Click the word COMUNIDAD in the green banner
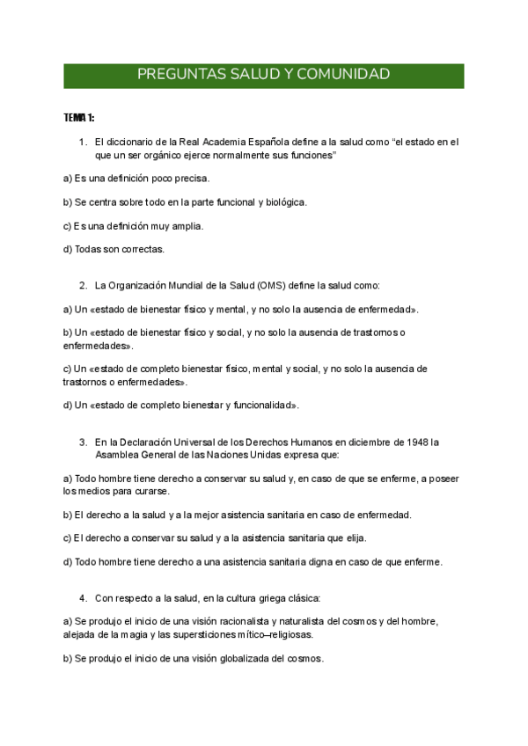pyautogui.click(x=345, y=75)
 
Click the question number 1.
pyautogui.click(x=82, y=141)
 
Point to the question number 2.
pyautogui.click(x=82, y=285)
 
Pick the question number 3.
pyautogui.click(x=82, y=442)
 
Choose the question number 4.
pyautogui.click(x=82, y=598)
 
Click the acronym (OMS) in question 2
pyautogui.click(x=272, y=285)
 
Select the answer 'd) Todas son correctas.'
pyautogui.click(x=114, y=249)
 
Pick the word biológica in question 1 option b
pyautogui.click(x=285, y=201)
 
